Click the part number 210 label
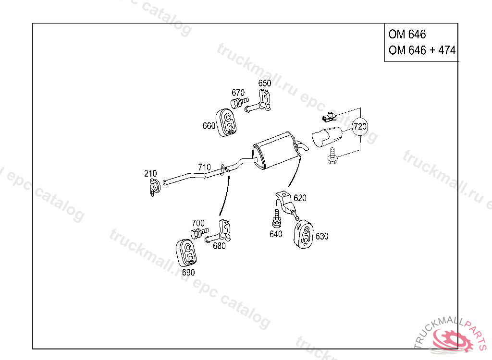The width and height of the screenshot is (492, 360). tap(150, 173)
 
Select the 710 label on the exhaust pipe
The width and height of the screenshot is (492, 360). tap(204, 168)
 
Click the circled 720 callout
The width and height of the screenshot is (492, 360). tap(360, 127)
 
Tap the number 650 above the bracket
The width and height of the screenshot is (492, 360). tap(264, 83)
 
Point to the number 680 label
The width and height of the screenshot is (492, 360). tap(219, 246)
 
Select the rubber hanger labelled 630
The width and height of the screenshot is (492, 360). tap(303, 234)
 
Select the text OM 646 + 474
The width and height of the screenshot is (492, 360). tap(422, 50)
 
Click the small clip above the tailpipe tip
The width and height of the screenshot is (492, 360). tap(328, 116)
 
